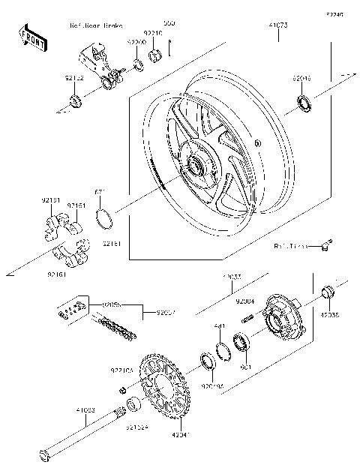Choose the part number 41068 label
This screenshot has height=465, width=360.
(x=85, y=410)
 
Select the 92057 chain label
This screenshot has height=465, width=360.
(x=166, y=311)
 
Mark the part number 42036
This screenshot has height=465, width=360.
(x=331, y=316)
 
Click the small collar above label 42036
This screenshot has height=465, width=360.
(x=328, y=292)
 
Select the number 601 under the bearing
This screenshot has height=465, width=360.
(x=244, y=367)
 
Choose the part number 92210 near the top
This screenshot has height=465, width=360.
(x=152, y=34)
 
